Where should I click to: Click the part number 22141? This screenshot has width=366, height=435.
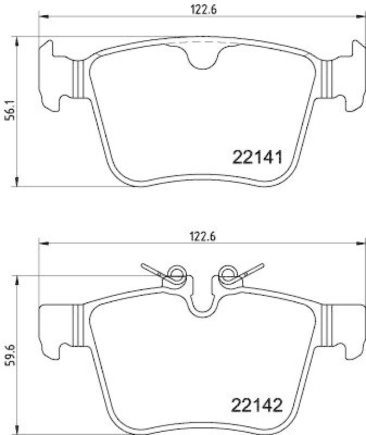coord(257,157)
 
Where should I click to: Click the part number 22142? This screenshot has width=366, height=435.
coord(256,405)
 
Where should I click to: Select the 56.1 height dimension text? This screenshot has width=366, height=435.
coord(10,110)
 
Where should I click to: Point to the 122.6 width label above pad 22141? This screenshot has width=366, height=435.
coord(204,10)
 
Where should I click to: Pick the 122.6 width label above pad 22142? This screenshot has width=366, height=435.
coord(203,237)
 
